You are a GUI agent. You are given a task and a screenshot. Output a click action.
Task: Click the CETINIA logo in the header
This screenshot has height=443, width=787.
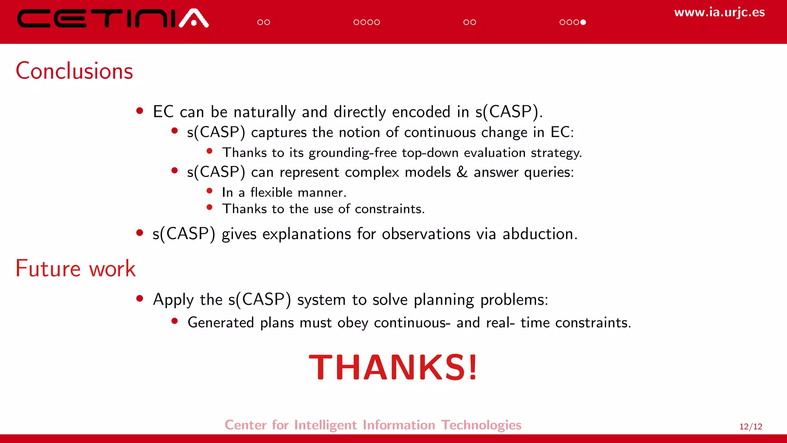(113, 18)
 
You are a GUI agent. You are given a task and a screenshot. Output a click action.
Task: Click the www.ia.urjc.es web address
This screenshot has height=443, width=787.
(719, 12)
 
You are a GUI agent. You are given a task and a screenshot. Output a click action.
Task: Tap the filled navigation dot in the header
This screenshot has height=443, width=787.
(583, 22)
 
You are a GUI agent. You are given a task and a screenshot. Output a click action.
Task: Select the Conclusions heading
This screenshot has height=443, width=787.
(74, 71)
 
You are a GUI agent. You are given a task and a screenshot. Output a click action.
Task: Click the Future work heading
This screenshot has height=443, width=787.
(75, 268)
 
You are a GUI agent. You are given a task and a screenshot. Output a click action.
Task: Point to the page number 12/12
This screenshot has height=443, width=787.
(750, 426)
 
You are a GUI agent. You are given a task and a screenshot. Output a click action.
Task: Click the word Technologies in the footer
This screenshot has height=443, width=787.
(481, 425)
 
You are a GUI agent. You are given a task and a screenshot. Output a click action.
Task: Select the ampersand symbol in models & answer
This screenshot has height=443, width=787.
(462, 172)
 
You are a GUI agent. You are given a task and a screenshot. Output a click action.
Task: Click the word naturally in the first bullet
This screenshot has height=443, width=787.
(264, 112)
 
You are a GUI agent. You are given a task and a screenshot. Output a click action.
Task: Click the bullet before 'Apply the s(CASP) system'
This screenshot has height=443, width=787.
(140, 298)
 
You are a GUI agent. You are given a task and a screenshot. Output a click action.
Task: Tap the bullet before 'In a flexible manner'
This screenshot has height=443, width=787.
(209, 191)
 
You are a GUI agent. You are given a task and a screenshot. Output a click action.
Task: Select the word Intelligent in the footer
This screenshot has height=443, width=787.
(325, 425)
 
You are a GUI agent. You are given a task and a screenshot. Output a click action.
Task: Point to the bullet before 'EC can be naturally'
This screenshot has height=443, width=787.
(140, 111)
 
